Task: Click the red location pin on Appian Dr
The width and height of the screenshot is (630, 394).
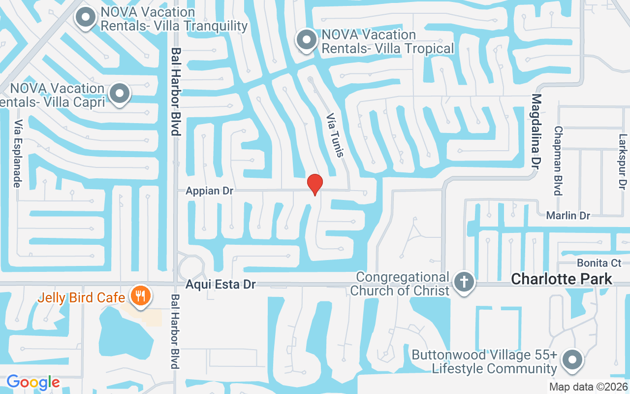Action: [315, 184]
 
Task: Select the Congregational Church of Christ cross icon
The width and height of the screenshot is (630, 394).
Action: [464, 283]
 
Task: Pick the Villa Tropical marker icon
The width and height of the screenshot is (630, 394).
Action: [308, 40]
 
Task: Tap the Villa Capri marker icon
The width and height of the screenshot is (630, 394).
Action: [119, 94]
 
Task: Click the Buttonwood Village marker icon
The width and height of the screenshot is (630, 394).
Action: [572, 359]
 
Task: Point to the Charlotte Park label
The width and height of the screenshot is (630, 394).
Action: [562, 279]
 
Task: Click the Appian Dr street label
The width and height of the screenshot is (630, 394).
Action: [209, 191]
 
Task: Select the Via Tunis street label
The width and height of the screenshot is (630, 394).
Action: [335, 136]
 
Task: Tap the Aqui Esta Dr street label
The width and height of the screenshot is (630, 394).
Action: [221, 285]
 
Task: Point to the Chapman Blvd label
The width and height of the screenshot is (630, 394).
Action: [558, 161]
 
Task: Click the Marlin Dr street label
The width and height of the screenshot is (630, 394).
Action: [568, 215]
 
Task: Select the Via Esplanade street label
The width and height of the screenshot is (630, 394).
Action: [18, 154]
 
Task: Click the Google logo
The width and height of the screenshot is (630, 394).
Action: [33, 382]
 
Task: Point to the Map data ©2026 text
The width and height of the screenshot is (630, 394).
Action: [589, 387]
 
